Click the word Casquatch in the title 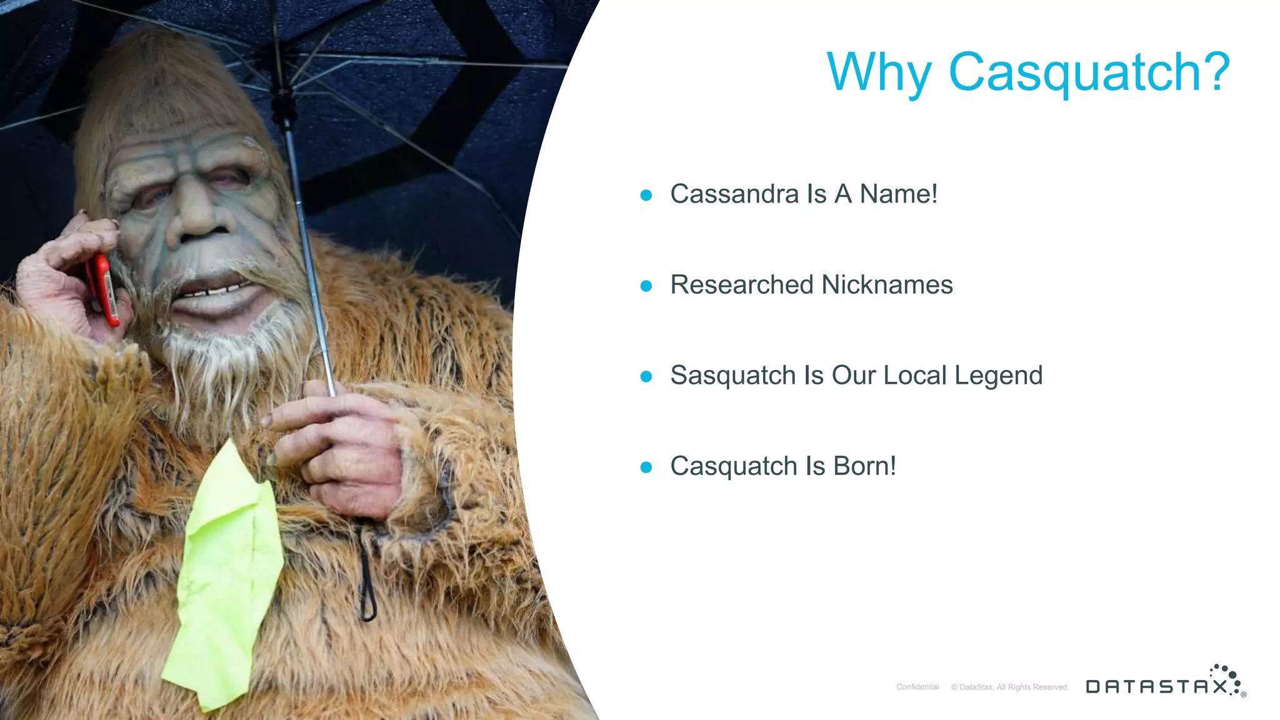(1089, 73)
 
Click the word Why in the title (879, 73)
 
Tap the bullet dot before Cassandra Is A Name (646, 196)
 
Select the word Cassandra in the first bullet (734, 194)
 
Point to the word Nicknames (887, 285)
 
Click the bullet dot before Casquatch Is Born (646, 467)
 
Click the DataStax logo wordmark (1156, 687)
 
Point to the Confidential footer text (917, 687)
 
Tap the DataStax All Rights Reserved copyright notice (1009, 687)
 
